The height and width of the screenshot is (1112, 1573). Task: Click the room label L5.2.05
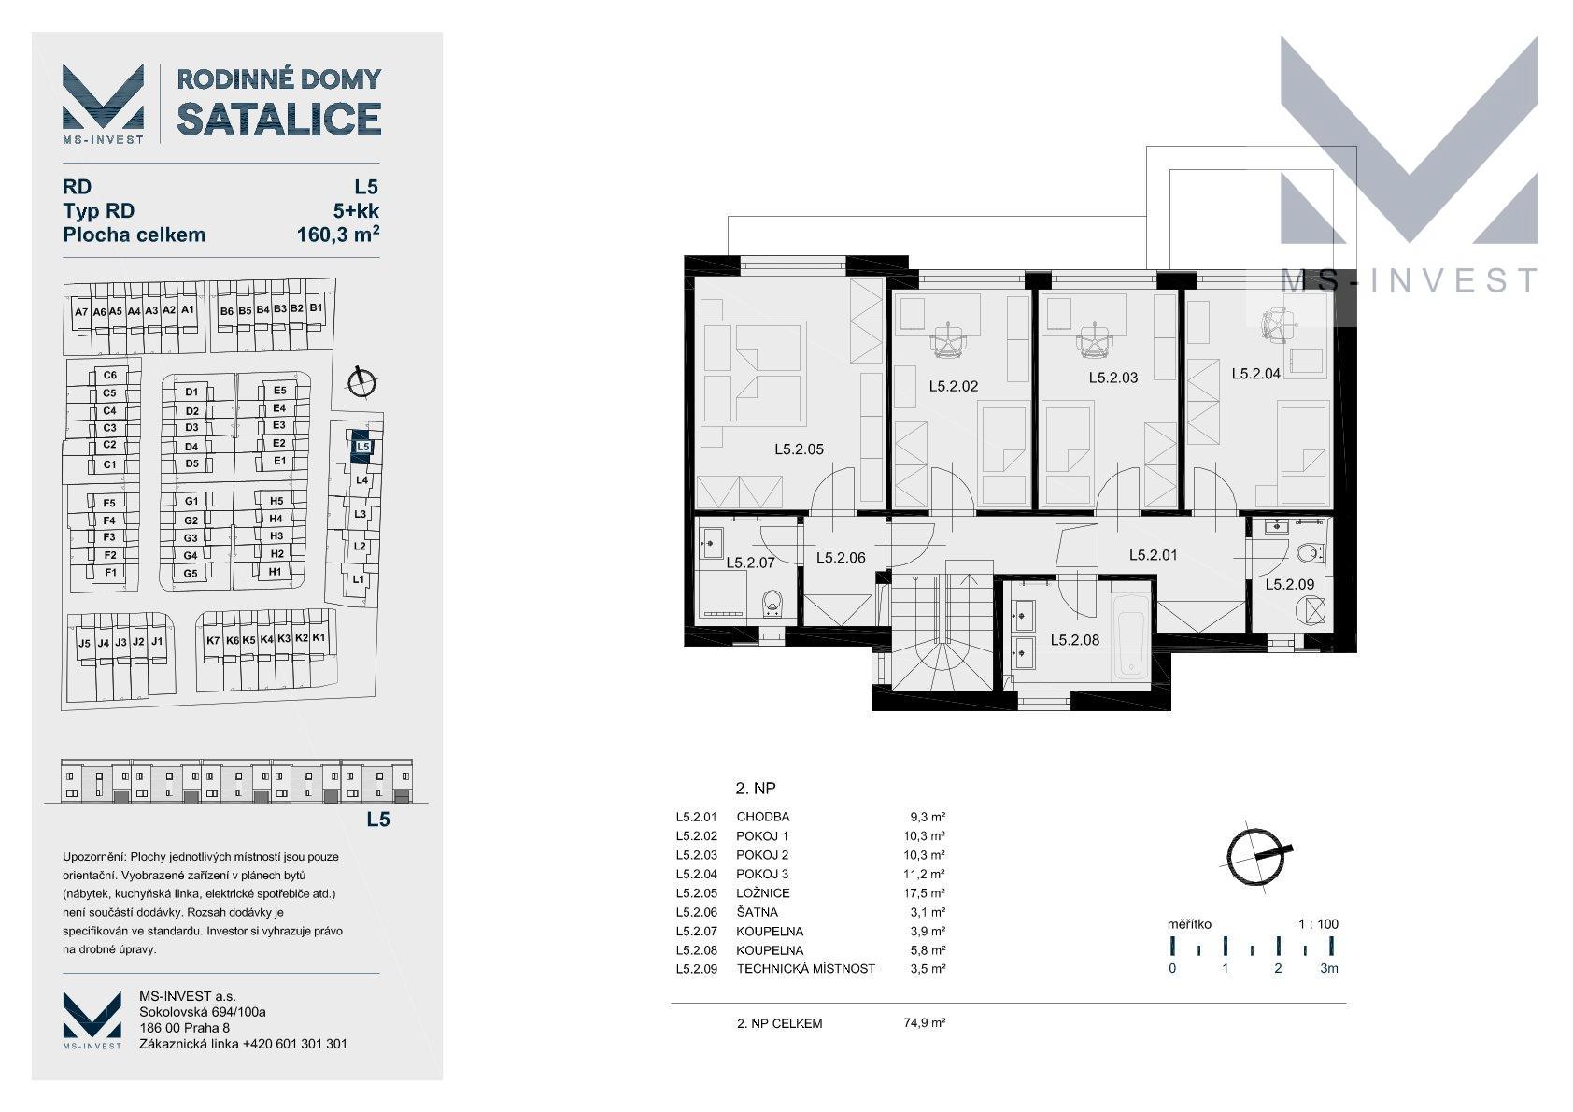800,449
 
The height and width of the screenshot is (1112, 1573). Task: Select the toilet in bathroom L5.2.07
772,604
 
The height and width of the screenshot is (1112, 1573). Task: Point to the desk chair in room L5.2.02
949,341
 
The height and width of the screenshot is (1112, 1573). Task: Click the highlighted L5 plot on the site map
361,447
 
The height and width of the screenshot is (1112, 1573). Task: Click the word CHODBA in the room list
762,817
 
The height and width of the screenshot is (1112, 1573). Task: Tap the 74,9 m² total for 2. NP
924,1023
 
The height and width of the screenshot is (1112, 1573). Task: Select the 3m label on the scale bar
1328,968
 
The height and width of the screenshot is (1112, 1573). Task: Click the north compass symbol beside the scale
1256,856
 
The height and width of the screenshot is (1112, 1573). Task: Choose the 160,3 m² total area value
338,234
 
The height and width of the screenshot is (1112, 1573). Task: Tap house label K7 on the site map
213,640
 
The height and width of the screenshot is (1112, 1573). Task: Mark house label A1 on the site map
188,309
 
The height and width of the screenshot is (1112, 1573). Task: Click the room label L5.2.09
1289,584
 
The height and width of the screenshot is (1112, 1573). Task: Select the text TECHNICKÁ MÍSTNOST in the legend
805,969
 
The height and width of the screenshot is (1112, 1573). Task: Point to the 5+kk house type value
356,211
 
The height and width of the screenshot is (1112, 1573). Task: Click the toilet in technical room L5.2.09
1309,554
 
